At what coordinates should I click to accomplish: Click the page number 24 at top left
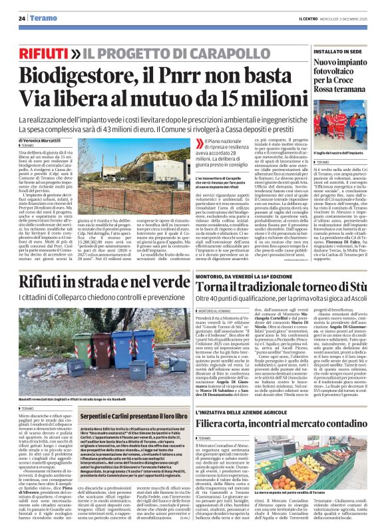[22, 19]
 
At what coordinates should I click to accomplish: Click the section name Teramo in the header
[42, 19]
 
